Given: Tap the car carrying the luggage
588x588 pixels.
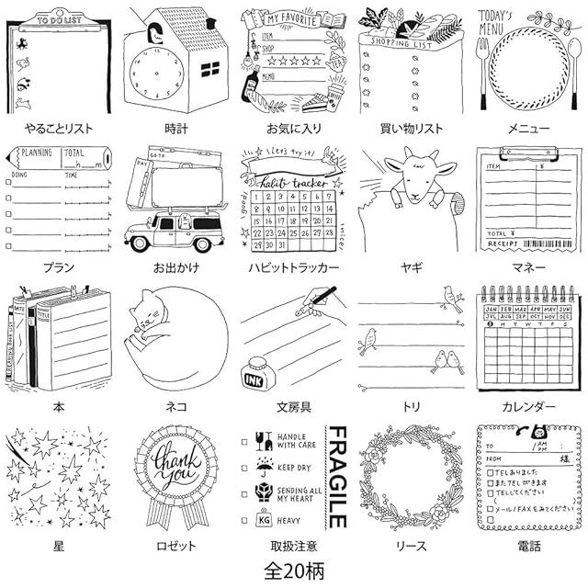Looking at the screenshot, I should coord(175,231).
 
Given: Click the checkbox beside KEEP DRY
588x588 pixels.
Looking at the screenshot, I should coord(244,468).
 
